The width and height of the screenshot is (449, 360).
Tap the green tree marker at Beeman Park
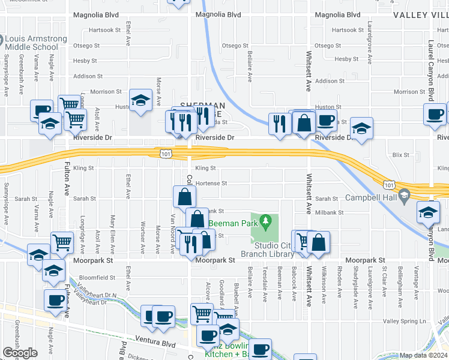coord(265,223)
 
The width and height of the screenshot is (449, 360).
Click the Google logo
coord(20,353)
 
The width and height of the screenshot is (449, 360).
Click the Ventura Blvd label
coord(155,344)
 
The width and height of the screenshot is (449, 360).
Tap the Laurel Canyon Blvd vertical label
coord(430,66)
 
